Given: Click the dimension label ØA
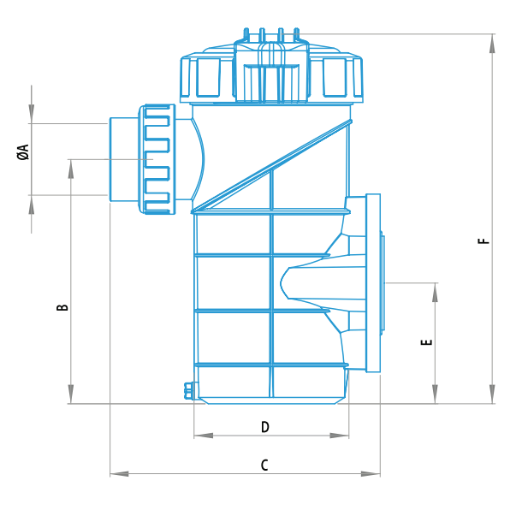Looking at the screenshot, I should point(24,152).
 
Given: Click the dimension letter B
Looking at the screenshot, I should point(62,306).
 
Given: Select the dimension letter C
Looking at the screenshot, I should point(264,465).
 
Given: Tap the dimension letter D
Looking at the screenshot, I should point(265,426).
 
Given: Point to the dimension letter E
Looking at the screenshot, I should point(427,342).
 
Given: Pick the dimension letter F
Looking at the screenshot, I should point(485,240).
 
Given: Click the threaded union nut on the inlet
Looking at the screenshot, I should point(159,158).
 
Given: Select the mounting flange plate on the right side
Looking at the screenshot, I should point(373,282).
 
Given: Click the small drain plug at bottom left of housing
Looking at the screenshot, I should point(189,390).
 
